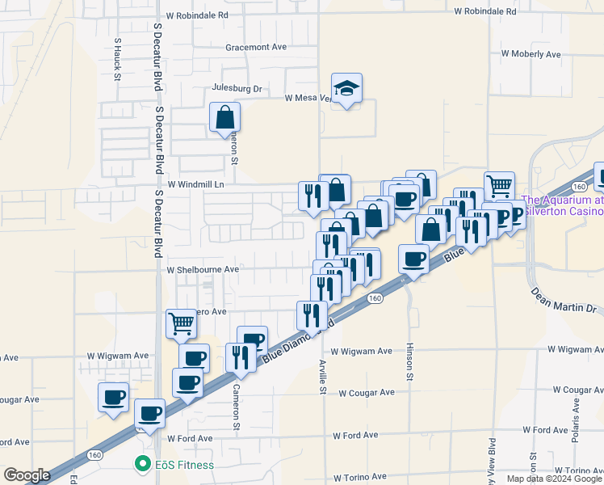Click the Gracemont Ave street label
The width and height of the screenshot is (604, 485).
coord(256,48)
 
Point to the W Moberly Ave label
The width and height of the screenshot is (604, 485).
coord(531,54)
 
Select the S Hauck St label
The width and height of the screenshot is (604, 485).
coord(117,59)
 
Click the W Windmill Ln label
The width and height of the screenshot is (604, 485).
coord(194,184)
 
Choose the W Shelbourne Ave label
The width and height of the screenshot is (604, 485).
coord(203,269)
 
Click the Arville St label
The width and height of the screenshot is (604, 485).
coord(322,377)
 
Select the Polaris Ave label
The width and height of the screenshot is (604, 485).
coord(576,420)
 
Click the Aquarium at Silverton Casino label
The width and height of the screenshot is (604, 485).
coord(563,205)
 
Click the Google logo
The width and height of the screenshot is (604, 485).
coord(28,475)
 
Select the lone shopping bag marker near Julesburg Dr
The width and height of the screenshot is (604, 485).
coord(224,117)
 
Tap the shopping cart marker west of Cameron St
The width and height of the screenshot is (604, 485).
coord(182,324)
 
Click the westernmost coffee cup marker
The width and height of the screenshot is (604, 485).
coord(113,397)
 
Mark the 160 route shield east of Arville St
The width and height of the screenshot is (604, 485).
coord(374,298)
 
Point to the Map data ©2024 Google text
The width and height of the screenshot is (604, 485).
coord(554,479)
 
